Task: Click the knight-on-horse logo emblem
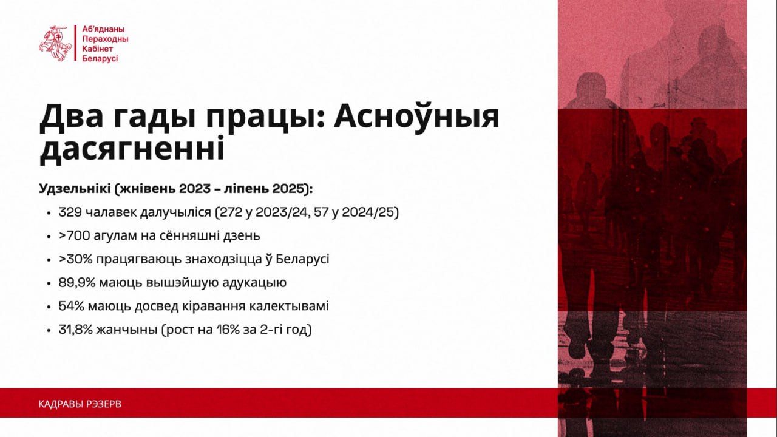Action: pyautogui.click(x=55, y=43)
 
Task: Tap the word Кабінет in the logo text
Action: pyautogui.click(x=98, y=49)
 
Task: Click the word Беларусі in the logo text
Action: pyautogui.click(x=100, y=59)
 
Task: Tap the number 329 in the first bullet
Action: pyautogui.click(x=70, y=212)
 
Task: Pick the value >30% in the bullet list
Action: pyautogui.click(x=75, y=259)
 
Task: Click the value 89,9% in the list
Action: pyautogui.click(x=77, y=283)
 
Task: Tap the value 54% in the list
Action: pyautogui.click(x=72, y=306)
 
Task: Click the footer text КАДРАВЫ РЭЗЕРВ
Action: pyautogui.click(x=80, y=404)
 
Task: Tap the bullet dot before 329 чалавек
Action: pyautogui.click(x=49, y=213)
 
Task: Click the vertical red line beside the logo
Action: pyautogui.click(x=75, y=43)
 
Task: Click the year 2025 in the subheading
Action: pyautogui.click(x=290, y=189)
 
